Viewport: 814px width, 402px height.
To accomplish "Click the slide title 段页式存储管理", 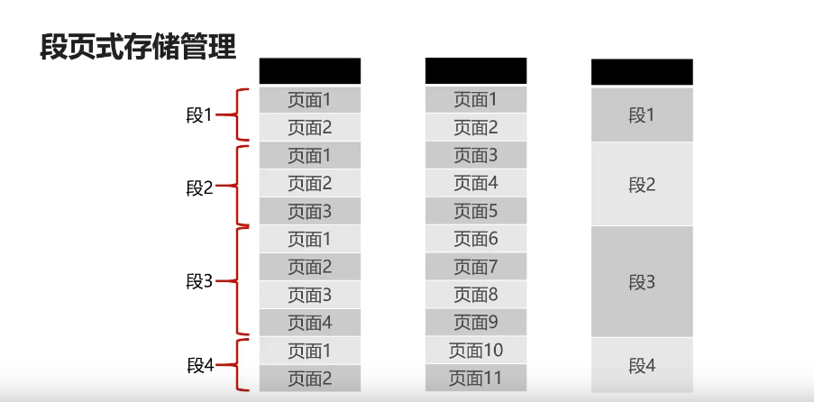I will [138, 45].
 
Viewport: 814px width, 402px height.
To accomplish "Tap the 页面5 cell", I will [475, 211].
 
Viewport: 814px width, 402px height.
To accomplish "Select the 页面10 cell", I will [475, 351].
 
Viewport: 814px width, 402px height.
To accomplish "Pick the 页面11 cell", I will [475, 378].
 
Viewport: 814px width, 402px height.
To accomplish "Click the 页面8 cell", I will [475, 295].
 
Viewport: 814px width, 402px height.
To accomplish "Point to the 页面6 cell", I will [475, 239].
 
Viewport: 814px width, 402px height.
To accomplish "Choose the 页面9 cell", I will [475, 322].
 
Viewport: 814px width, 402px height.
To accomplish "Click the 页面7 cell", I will [475, 267].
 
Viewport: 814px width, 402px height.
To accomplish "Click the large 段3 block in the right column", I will [642, 282].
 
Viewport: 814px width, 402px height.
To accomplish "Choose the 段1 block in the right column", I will [642, 114].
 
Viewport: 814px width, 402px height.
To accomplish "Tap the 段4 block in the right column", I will [642, 365].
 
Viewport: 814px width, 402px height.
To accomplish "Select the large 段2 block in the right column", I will [642, 185].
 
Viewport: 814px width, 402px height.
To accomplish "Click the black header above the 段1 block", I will [642, 72].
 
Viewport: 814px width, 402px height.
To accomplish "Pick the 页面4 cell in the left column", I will [309, 323].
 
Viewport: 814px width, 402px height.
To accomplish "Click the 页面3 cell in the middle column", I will [475, 156].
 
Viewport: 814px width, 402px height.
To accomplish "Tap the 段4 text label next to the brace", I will [199, 365].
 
